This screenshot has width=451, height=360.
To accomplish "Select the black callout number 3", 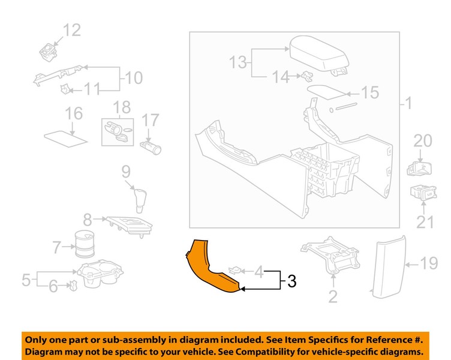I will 290,281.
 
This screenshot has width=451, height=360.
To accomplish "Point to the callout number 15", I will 370,93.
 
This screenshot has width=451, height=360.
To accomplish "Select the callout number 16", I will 73,113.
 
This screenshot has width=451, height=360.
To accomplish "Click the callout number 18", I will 122,107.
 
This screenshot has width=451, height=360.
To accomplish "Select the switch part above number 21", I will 422,193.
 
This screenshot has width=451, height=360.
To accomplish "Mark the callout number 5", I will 26,279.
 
